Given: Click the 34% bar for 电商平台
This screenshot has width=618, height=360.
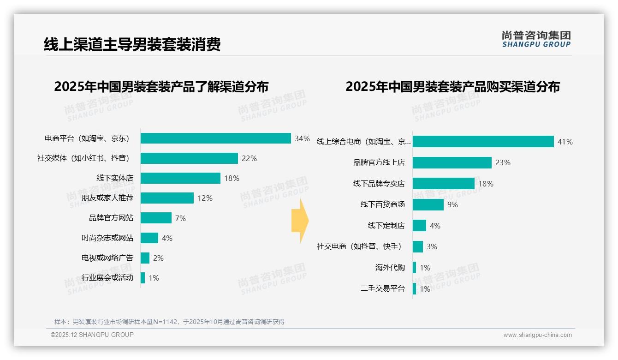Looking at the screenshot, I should pos(215,138).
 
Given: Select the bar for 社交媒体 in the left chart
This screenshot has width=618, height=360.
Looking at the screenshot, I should pos(189,158).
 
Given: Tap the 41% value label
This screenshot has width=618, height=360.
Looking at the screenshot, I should pos(565,142).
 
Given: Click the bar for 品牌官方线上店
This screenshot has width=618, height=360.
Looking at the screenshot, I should pos(452,162).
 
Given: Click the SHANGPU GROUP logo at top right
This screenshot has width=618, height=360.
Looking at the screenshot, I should pos(536,39).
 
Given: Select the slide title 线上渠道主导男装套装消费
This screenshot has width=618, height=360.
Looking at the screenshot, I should pos(132,44).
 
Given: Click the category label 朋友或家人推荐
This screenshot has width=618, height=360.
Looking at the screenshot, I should pos(107,198).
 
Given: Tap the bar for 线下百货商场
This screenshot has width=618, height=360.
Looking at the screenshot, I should pos(428,204).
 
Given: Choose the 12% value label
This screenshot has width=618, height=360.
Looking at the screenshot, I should pos(205,198).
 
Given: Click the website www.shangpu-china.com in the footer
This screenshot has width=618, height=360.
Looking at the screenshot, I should pos(537,335).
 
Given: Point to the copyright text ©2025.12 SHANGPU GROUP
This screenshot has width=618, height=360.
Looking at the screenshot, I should pos(92,335).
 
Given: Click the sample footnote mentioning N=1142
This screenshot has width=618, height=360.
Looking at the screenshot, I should pos(169,322).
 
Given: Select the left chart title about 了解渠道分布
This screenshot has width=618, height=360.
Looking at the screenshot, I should pos(161,87).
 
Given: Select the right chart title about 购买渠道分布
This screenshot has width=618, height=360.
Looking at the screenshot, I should pos(452,87).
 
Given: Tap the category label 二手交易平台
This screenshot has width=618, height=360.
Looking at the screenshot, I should pos(382,289).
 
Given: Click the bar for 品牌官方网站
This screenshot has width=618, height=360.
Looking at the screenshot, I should pos(156,218).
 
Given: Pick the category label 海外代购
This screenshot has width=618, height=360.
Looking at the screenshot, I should pos(390,268).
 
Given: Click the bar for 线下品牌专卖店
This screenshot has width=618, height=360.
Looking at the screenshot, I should pos(443,184).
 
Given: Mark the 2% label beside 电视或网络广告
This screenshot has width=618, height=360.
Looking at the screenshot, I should pos(158,258).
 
